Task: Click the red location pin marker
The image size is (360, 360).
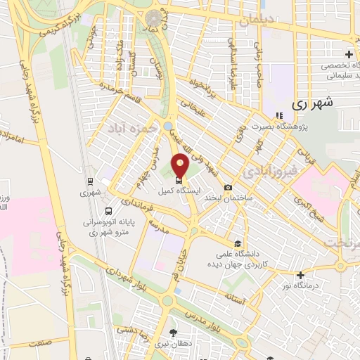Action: [180, 167]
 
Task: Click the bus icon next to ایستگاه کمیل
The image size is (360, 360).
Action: [178, 190]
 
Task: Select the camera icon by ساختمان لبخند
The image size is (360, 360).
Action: [228, 187]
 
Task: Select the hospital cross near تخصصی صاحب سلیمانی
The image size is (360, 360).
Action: [349, 54]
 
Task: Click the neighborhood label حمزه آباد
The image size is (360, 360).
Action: [129, 129]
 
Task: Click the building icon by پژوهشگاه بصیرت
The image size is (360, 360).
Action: [279, 115]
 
